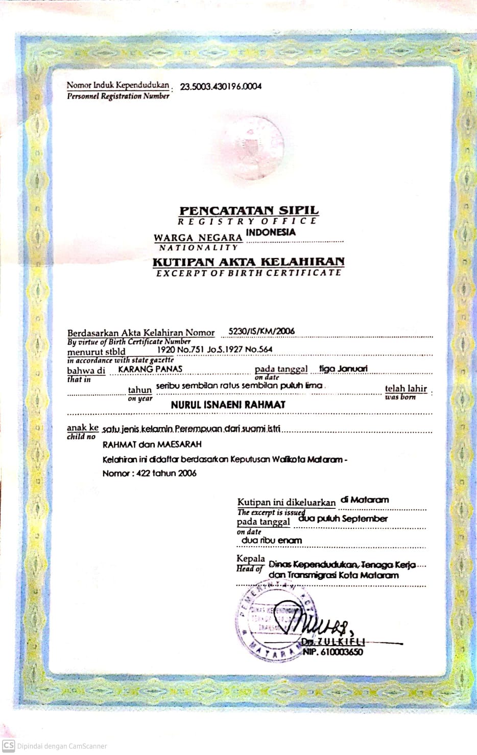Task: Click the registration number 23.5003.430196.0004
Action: click(217, 86)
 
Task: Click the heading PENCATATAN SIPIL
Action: click(249, 210)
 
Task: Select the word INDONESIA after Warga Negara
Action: click(271, 232)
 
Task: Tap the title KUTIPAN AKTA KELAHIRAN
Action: click(249, 262)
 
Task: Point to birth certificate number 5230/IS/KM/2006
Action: click(261, 331)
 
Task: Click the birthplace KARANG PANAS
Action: click(150, 369)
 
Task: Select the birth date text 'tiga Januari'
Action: click(343, 368)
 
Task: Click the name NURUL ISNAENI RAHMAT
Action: click(228, 405)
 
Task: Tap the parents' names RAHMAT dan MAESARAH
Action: click(152, 444)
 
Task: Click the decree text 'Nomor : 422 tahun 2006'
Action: click(150, 473)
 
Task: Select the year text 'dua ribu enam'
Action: click(272, 540)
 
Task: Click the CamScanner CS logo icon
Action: click(9, 745)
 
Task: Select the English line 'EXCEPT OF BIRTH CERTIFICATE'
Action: click(249, 273)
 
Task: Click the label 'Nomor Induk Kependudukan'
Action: click(117, 85)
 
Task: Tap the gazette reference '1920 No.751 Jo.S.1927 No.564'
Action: click(214, 349)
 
